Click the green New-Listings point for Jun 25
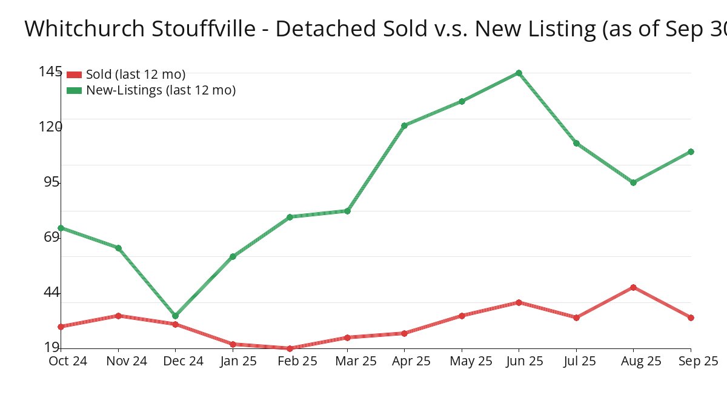[519, 73]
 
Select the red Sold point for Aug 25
[633, 287]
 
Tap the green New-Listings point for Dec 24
[175, 316]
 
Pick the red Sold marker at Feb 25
[290, 348]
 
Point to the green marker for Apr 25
[404, 125]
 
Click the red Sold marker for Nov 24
[118, 316]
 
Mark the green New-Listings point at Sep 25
[691, 151]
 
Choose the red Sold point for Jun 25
[519, 302]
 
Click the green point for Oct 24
[61, 228]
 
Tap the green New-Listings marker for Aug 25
[633, 182]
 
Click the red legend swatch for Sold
[74, 75]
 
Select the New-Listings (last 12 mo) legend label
[161, 90]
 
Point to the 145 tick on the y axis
[50, 71]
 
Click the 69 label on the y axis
[50, 237]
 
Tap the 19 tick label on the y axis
[50, 347]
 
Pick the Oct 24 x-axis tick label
[68, 361]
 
